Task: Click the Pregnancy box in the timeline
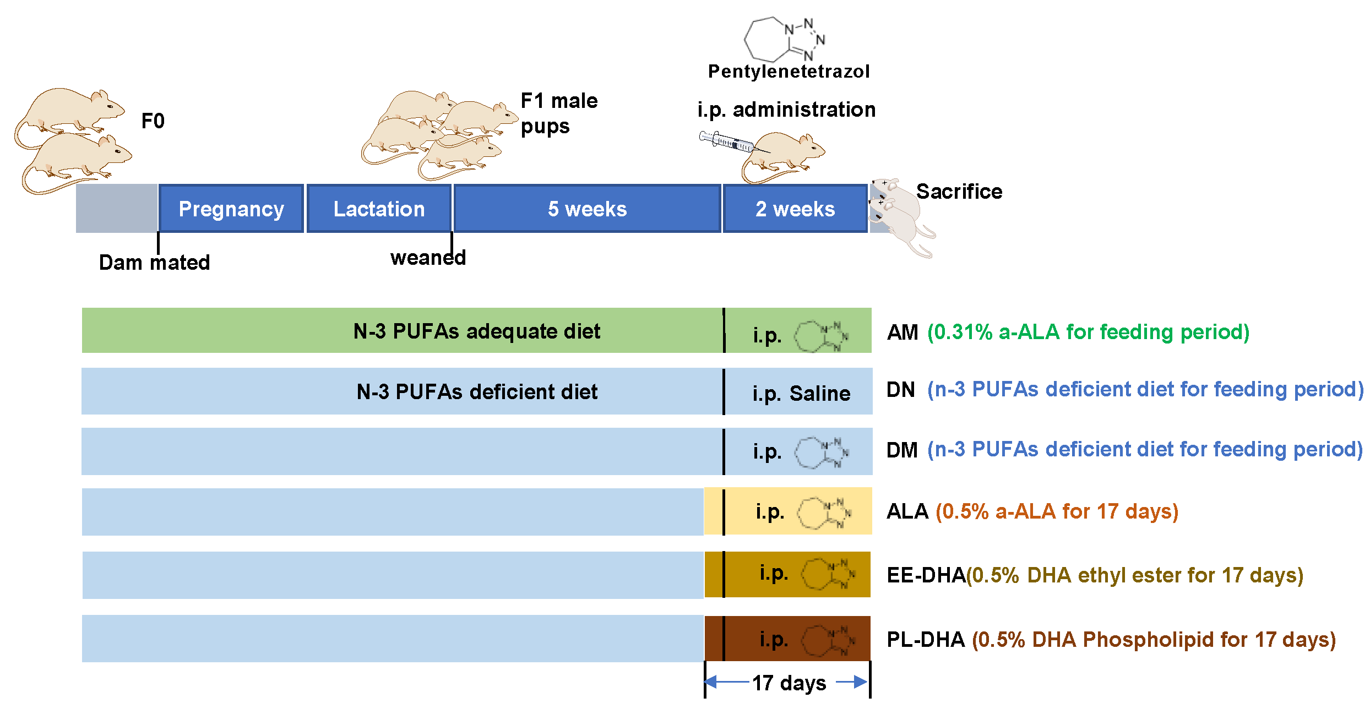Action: (x=231, y=209)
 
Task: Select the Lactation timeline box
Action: (x=379, y=209)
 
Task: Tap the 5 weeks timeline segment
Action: (x=587, y=209)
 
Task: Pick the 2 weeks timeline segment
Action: (x=795, y=209)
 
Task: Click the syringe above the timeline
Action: (x=727, y=142)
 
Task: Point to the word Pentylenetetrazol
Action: (x=789, y=72)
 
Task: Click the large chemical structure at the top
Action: (x=785, y=39)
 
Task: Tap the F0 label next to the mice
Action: (x=153, y=121)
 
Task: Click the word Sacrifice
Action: (x=959, y=192)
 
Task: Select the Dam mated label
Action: (x=154, y=263)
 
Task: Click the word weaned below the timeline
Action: (x=428, y=258)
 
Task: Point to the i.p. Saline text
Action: (x=801, y=393)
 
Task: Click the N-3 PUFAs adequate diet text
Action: (x=476, y=331)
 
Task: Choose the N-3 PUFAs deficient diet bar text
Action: (x=477, y=392)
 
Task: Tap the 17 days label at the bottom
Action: (x=789, y=683)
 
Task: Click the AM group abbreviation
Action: (x=903, y=333)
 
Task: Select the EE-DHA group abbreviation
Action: (x=926, y=575)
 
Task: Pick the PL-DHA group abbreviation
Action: (x=926, y=640)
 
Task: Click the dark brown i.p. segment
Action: (x=787, y=639)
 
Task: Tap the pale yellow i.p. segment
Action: (x=787, y=511)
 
